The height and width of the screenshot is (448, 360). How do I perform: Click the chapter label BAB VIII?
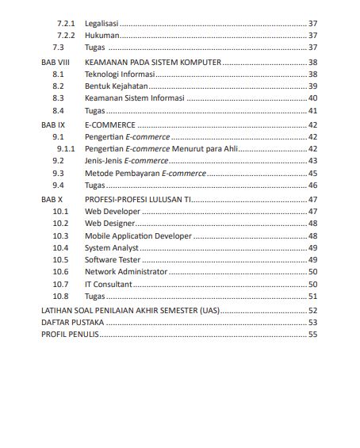click(x=55, y=62)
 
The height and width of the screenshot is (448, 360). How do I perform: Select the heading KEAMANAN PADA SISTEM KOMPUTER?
click(x=153, y=62)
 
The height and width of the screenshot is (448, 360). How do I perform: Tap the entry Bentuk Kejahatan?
click(x=116, y=86)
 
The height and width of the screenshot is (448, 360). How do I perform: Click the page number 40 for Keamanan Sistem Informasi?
click(x=312, y=98)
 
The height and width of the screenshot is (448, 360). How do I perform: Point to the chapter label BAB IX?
click(x=52, y=125)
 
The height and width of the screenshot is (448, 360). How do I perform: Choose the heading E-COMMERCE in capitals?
click(x=110, y=125)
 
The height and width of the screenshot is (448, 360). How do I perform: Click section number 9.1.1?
click(x=66, y=148)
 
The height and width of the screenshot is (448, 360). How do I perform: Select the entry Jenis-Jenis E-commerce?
click(x=121, y=161)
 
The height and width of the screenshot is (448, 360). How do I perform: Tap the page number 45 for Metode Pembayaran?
click(x=312, y=173)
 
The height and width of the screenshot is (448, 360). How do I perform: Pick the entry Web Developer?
click(x=113, y=212)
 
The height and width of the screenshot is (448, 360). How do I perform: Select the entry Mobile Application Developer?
click(x=138, y=235)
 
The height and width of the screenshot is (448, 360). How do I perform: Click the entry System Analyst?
click(x=112, y=247)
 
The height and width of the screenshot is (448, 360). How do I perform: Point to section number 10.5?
click(x=60, y=259)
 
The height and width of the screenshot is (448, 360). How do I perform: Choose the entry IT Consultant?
click(x=108, y=284)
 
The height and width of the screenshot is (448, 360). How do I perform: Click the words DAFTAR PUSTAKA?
click(x=72, y=323)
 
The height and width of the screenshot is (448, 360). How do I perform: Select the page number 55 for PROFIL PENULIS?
click(x=312, y=335)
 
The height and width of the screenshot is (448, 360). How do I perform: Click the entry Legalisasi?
click(x=101, y=24)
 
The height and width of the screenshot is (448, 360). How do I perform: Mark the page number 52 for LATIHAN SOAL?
click(x=312, y=310)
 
